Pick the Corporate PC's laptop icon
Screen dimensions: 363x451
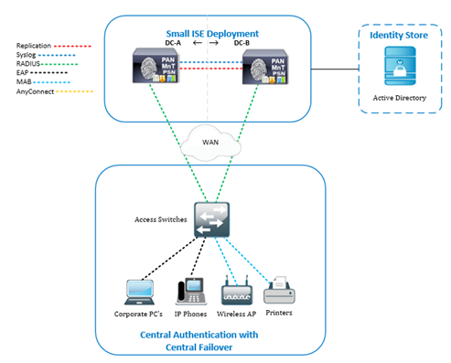pos(145,290)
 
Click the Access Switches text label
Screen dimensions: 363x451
pos(162,220)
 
